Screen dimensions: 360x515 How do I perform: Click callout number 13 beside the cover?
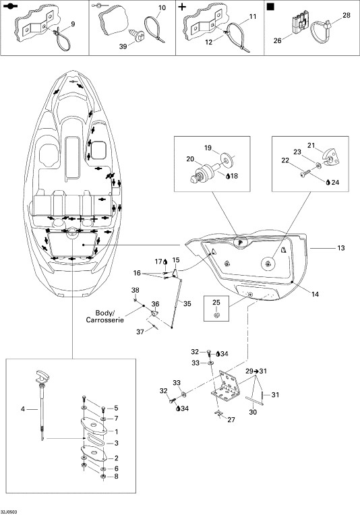[341, 248]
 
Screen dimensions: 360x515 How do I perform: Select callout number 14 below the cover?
[315, 295]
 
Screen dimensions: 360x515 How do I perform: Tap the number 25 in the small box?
[216, 302]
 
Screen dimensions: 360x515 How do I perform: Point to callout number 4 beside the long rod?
[23, 409]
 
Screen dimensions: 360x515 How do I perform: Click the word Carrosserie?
[104, 320]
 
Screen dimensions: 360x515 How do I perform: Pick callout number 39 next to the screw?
[123, 47]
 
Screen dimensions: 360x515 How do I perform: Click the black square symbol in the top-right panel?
[270, 7]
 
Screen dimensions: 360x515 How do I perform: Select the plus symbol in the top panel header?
[181, 7]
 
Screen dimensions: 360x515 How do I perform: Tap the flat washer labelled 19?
[227, 158]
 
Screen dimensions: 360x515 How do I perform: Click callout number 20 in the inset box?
[190, 159]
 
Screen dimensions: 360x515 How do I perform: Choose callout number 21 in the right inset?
[311, 145]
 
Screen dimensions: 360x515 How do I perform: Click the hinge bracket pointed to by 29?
[227, 387]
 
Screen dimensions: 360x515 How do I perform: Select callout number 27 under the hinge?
[231, 419]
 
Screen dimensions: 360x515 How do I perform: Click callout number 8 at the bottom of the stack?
[116, 477]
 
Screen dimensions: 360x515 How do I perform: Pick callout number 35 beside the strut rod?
[187, 303]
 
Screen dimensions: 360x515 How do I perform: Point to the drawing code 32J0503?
[9, 512]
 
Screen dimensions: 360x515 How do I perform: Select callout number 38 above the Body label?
[135, 290]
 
